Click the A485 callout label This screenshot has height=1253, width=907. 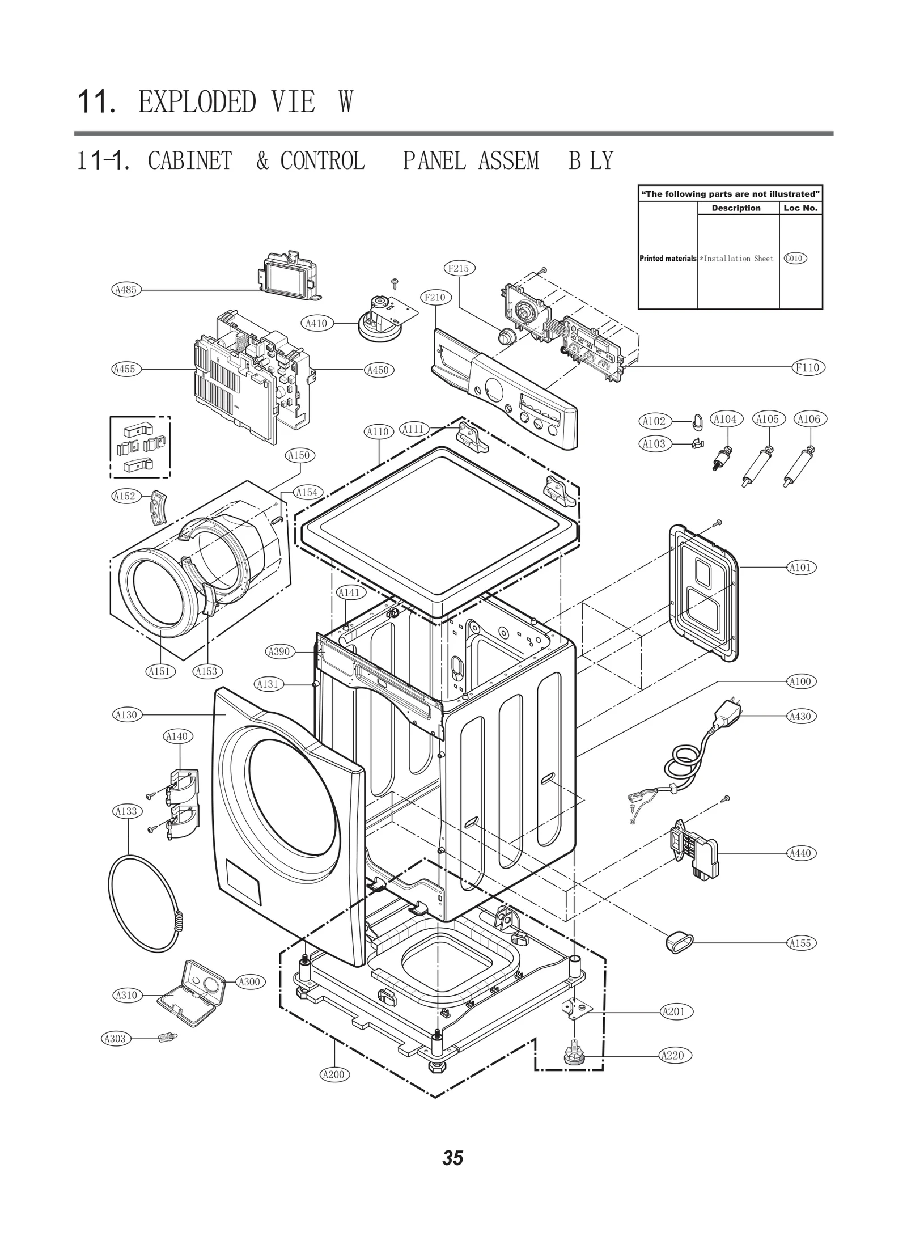(125, 290)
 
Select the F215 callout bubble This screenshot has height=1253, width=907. (458, 268)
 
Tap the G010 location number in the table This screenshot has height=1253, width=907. (795, 259)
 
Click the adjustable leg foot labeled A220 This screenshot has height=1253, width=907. (574, 1056)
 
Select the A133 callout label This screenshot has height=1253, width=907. (126, 811)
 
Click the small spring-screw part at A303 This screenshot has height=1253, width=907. (167, 1038)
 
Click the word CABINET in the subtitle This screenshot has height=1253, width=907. (190, 161)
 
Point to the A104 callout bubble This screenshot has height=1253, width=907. (725, 419)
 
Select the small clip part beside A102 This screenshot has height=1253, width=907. (697, 421)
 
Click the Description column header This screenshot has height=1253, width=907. (736, 208)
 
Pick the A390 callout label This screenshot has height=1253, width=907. (279, 651)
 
